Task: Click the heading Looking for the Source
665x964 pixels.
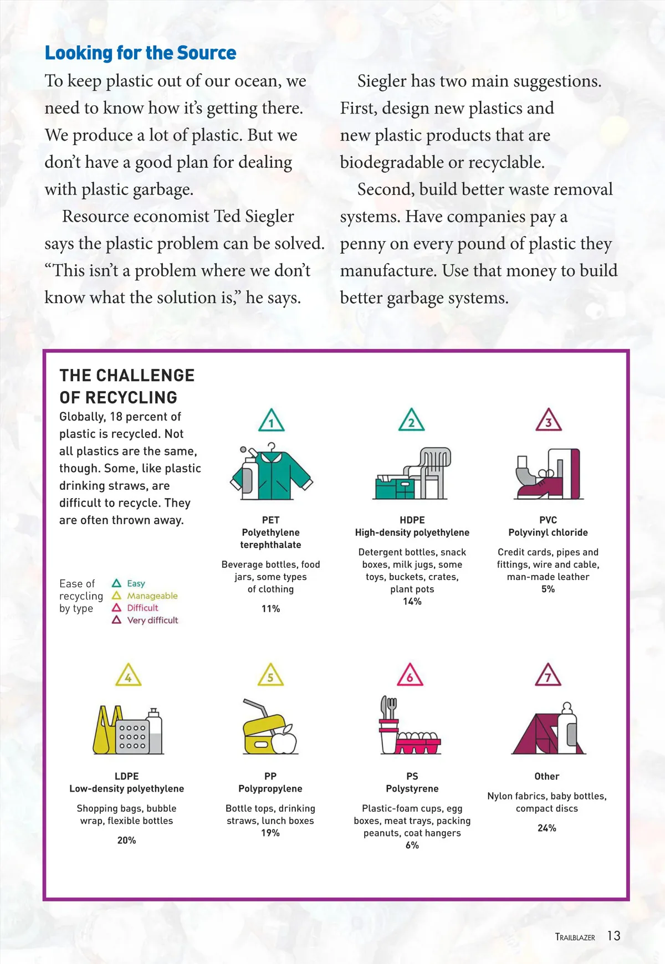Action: pos(140,53)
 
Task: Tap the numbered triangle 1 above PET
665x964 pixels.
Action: pos(271,421)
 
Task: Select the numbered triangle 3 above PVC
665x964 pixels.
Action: pos(549,421)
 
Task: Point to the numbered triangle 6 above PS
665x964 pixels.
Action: pos(410,675)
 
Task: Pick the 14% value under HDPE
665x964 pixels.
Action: pos(412,602)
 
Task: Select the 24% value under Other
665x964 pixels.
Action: pos(546,828)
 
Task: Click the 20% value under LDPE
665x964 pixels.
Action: pos(126,840)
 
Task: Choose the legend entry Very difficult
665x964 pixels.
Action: pos(152,621)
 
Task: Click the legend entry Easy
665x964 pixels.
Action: pos(136,583)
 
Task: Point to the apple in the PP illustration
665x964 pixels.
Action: pos(284,741)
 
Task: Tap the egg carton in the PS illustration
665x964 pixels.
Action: pos(418,742)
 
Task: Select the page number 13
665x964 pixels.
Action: pos(613,936)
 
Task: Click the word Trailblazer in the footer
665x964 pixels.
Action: pos(575,937)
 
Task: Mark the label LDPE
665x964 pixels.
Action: pos(126,776)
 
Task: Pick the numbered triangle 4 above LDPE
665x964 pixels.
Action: pos(128,675)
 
